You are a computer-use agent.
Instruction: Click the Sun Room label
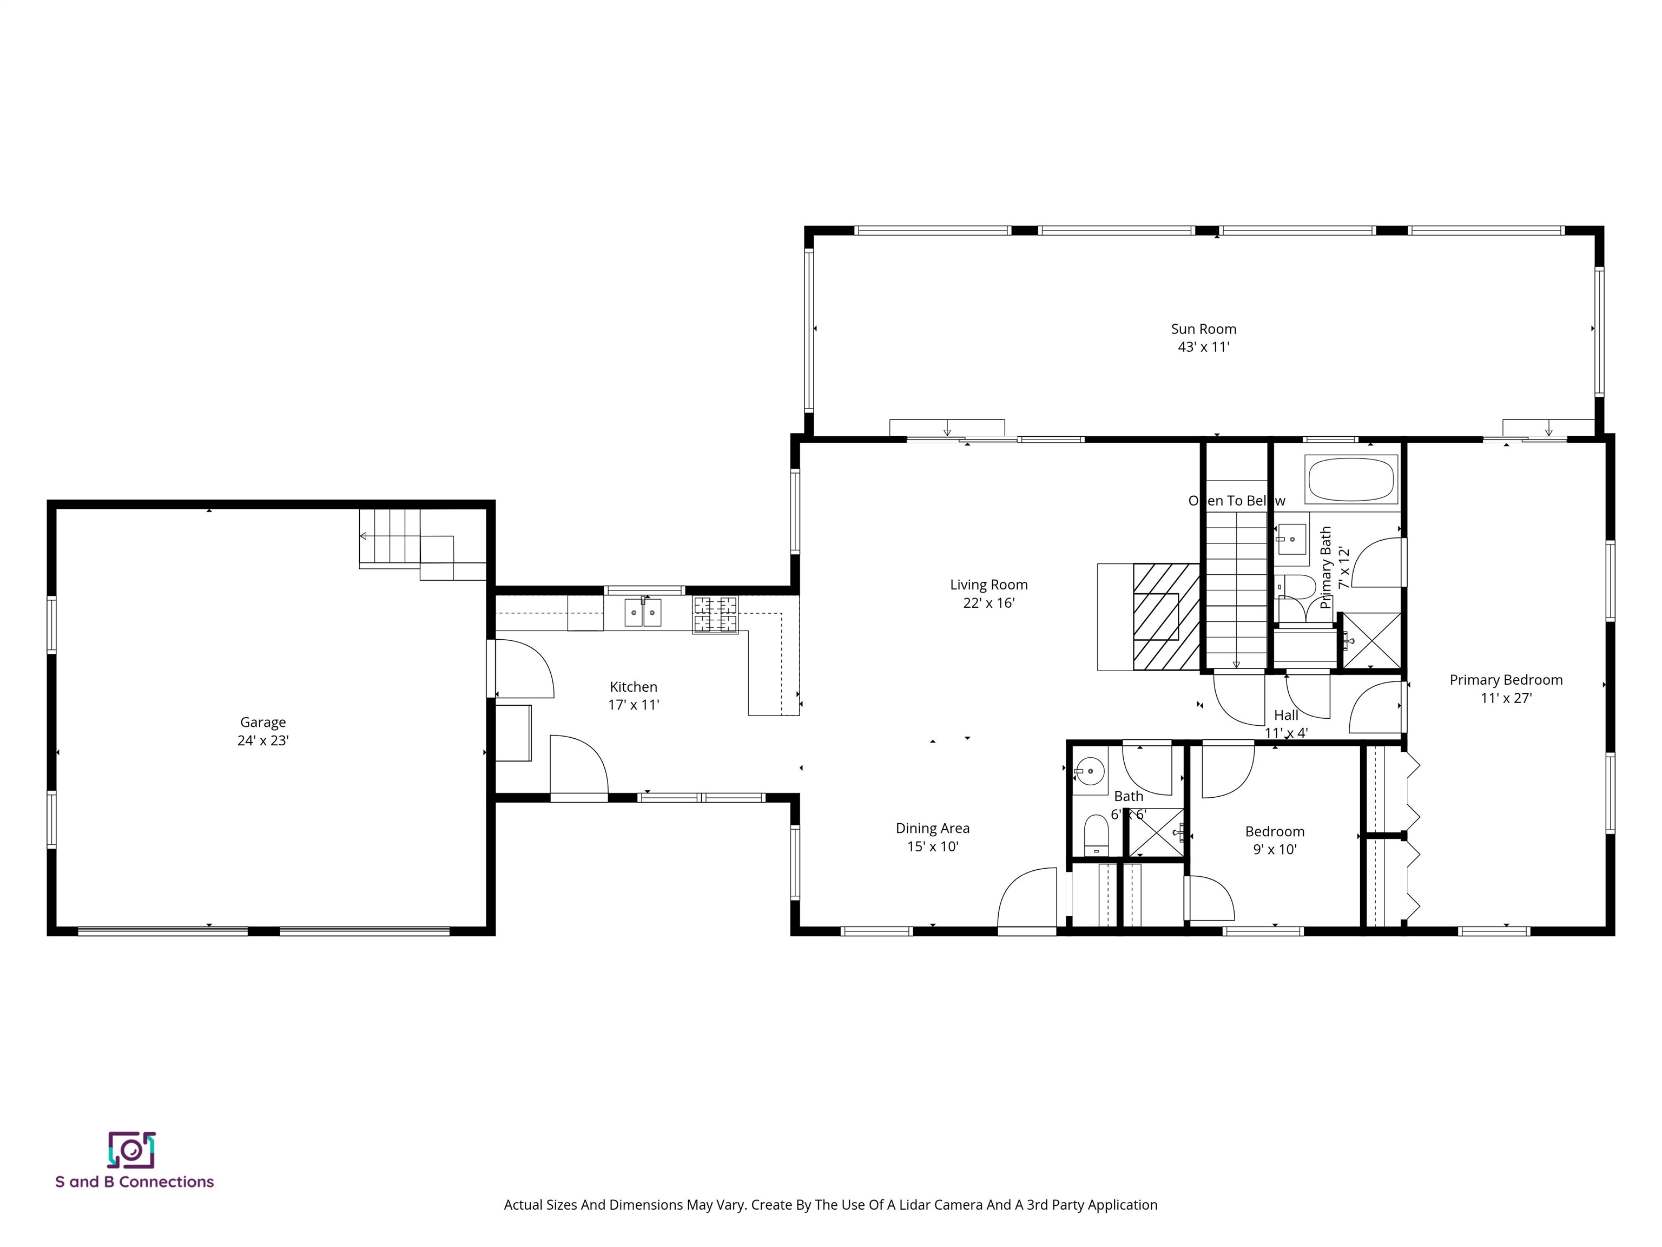coord(1203,329)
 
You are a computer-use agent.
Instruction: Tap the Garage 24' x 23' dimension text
coord(263,740)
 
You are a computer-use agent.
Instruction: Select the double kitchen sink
coord(642,613)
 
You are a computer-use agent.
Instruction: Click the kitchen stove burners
coord(715,613)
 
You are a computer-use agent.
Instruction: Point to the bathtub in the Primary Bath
coord(1351,479)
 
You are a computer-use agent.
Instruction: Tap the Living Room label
coord(988,585)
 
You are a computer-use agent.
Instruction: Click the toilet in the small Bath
coord(1096,835)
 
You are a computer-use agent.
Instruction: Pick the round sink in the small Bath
coord(1088,771)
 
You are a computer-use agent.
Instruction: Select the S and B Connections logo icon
coord(131,1150)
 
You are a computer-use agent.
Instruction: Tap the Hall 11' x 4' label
coord(1285,724)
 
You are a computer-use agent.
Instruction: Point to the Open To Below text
coord(1236,501)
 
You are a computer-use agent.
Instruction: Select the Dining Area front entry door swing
coord(1026,899)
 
